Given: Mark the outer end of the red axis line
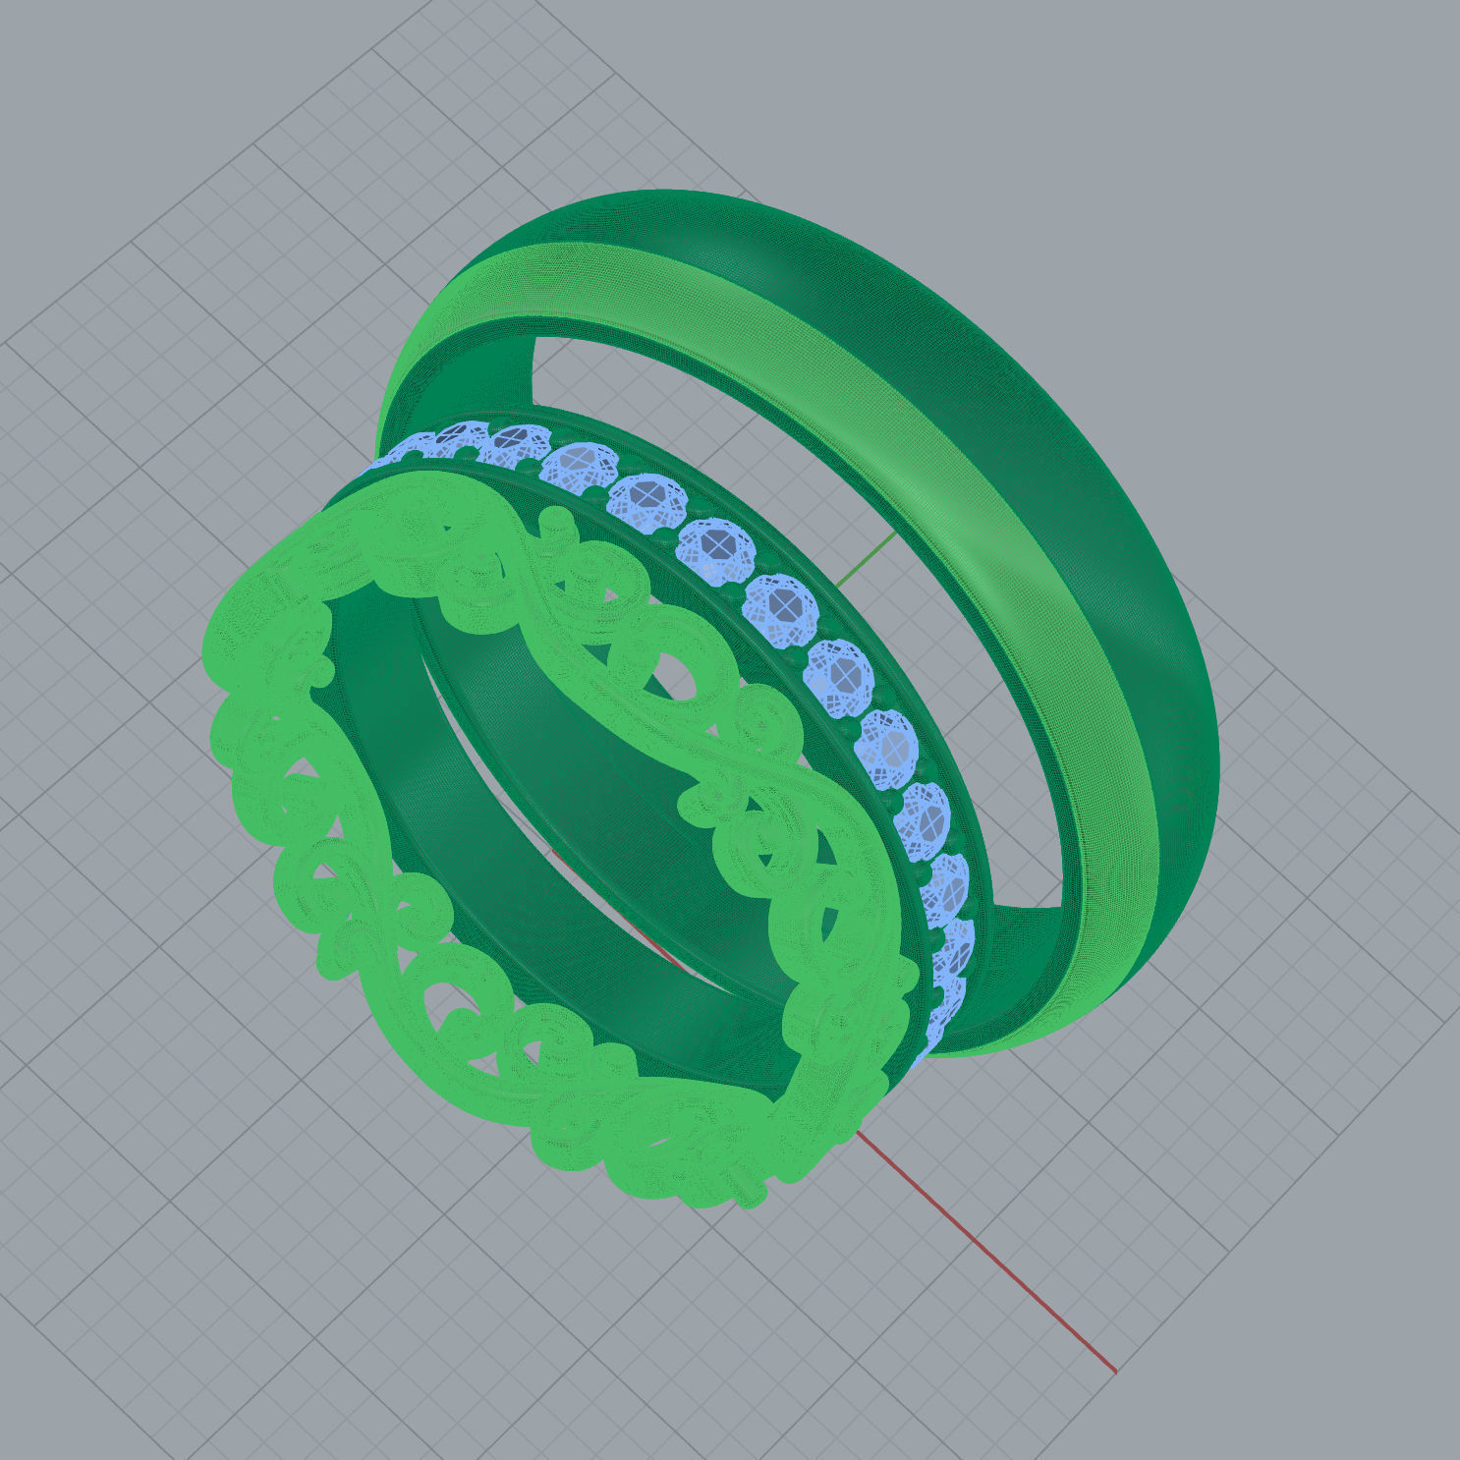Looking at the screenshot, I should (1114, 1370).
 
